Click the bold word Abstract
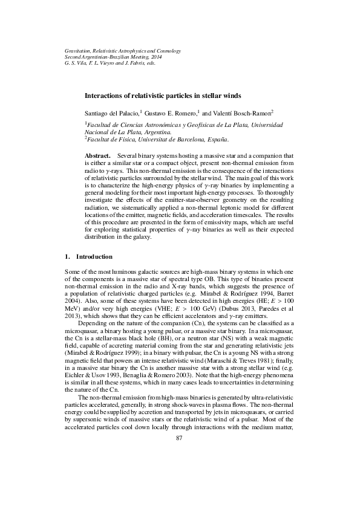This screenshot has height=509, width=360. click(97, 155)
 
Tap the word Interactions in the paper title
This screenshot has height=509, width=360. click(103, 96)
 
